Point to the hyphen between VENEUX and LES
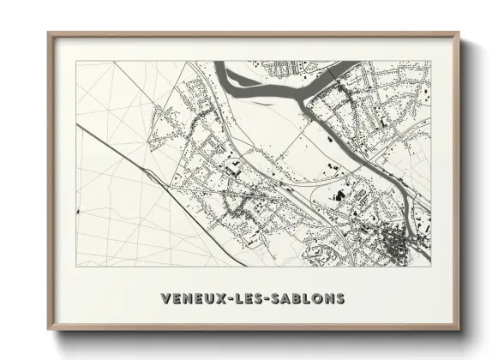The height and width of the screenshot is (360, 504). pos(228,299)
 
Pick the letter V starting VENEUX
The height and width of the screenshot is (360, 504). pos(165,299)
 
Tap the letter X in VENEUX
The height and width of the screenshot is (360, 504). pos(219,299)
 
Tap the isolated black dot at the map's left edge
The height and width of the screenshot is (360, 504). pos(77,209)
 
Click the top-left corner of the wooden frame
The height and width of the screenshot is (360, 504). pos(49,33)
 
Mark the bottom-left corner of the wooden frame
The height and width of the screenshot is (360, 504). pos(49,329)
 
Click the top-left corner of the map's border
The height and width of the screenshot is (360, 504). pos(76,61)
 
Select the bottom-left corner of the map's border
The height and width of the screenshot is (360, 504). pos(76,266)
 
